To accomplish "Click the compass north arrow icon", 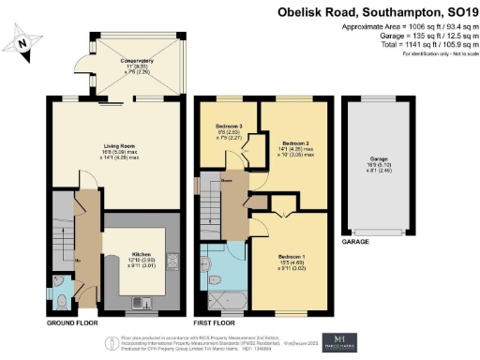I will pyautogui.click(x=25, y=42).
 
